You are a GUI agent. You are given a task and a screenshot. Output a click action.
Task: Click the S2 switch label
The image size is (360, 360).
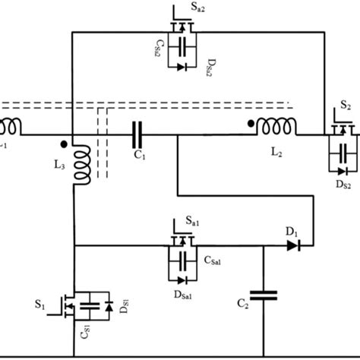click(x=346, y=106)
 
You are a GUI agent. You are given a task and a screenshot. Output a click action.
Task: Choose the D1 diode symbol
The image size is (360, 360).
click(x=292, y=245)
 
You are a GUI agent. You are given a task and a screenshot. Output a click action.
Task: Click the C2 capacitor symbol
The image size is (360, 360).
click(x=263, y=297)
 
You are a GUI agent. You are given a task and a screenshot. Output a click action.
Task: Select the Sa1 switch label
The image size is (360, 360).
click(x=196, y=220)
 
